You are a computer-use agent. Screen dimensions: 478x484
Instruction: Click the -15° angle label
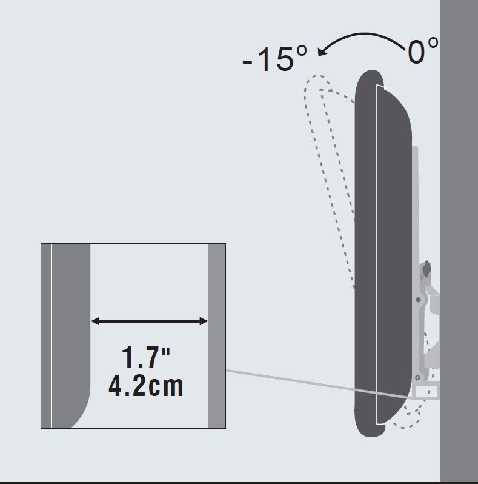point(275,59)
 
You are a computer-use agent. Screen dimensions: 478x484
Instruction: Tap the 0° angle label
point(423,50)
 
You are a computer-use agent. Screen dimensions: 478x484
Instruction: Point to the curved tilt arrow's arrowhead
point(322,51)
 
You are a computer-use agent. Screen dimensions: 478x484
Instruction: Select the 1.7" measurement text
point(146,357)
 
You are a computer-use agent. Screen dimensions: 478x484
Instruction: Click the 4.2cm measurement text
point(146,385)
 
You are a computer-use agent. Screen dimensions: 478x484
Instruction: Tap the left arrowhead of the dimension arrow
point(95,321)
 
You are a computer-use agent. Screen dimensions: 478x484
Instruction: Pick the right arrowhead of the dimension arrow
point(204,321)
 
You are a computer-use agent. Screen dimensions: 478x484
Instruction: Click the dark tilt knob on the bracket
point(427,269)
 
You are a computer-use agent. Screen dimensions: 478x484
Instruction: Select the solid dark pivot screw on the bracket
point(418,300)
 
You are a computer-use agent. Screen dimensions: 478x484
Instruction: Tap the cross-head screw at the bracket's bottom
point(417,377)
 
